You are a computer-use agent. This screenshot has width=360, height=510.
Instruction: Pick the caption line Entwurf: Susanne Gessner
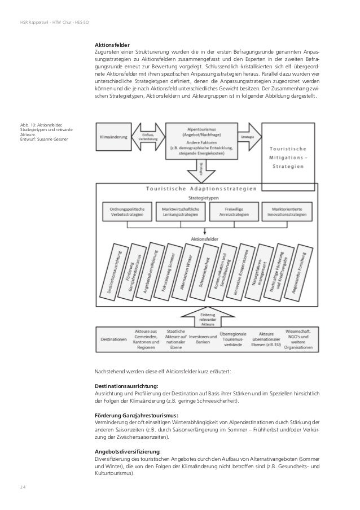[x=43, y=140]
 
